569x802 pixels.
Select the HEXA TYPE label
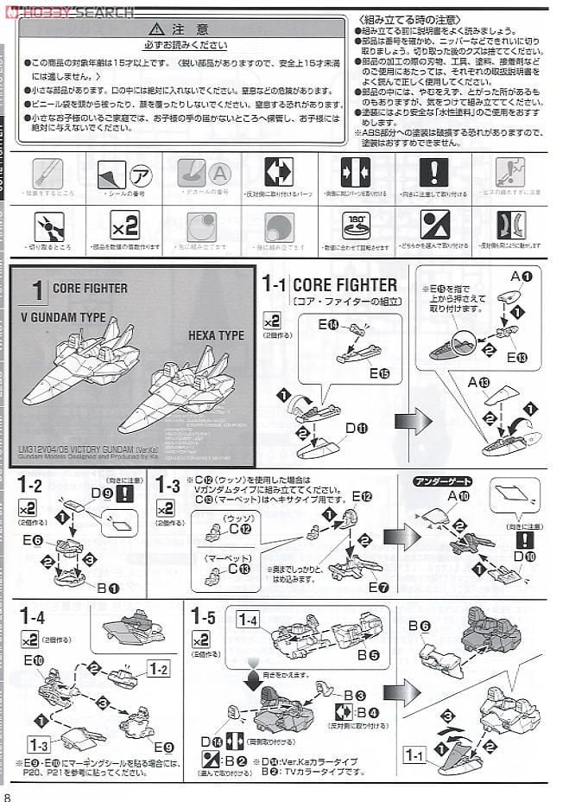click(x=216, y=335)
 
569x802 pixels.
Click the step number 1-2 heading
click(x=29, y=487)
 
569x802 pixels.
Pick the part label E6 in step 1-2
click(x=33, y=540)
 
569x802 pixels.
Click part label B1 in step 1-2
click(x=108, y=588)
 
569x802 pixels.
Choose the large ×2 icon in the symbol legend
click(x=125, y=226)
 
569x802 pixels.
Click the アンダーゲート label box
click(x=432, y=481)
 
